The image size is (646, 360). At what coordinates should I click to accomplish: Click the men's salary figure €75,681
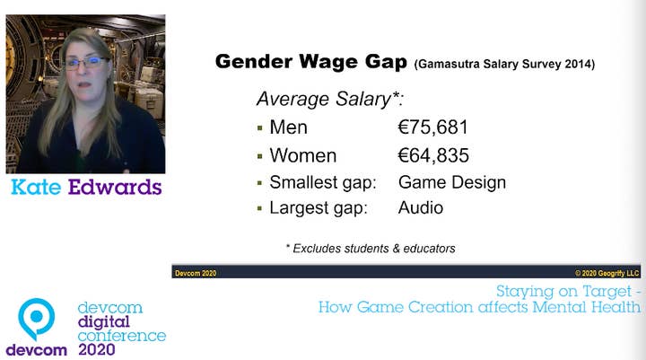pos(433,127)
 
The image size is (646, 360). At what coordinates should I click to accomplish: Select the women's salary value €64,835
pos(433,156)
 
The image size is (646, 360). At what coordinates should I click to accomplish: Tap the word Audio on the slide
pos(421,208)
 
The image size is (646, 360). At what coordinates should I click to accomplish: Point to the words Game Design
pos(452,182)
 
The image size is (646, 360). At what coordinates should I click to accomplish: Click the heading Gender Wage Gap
pos(311,62)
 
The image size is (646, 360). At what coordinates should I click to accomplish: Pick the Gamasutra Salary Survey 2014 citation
pos(504,65)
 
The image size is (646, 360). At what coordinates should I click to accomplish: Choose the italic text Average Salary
pos(329,100)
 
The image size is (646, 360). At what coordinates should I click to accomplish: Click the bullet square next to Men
pos(259,128)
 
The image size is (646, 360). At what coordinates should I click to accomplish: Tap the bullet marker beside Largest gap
pos(259,208)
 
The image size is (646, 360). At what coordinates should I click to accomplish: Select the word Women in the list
pos(303,156)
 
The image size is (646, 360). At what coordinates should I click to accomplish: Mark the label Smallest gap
pos(323,182)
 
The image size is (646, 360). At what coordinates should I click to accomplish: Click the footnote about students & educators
pos(371,249)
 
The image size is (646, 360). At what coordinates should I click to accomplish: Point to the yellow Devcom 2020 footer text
pos(196,273)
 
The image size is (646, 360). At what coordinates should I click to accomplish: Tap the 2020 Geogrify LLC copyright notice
pos(607,273)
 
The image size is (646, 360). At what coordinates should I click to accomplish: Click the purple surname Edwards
pos(115,188)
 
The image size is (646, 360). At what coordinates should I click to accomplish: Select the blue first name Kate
pos(36,188)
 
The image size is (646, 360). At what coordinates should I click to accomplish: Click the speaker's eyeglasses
pos(86,63)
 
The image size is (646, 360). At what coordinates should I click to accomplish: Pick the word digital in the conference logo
pos(104,322)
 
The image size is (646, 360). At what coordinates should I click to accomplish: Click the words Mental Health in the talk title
pos(586,307)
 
